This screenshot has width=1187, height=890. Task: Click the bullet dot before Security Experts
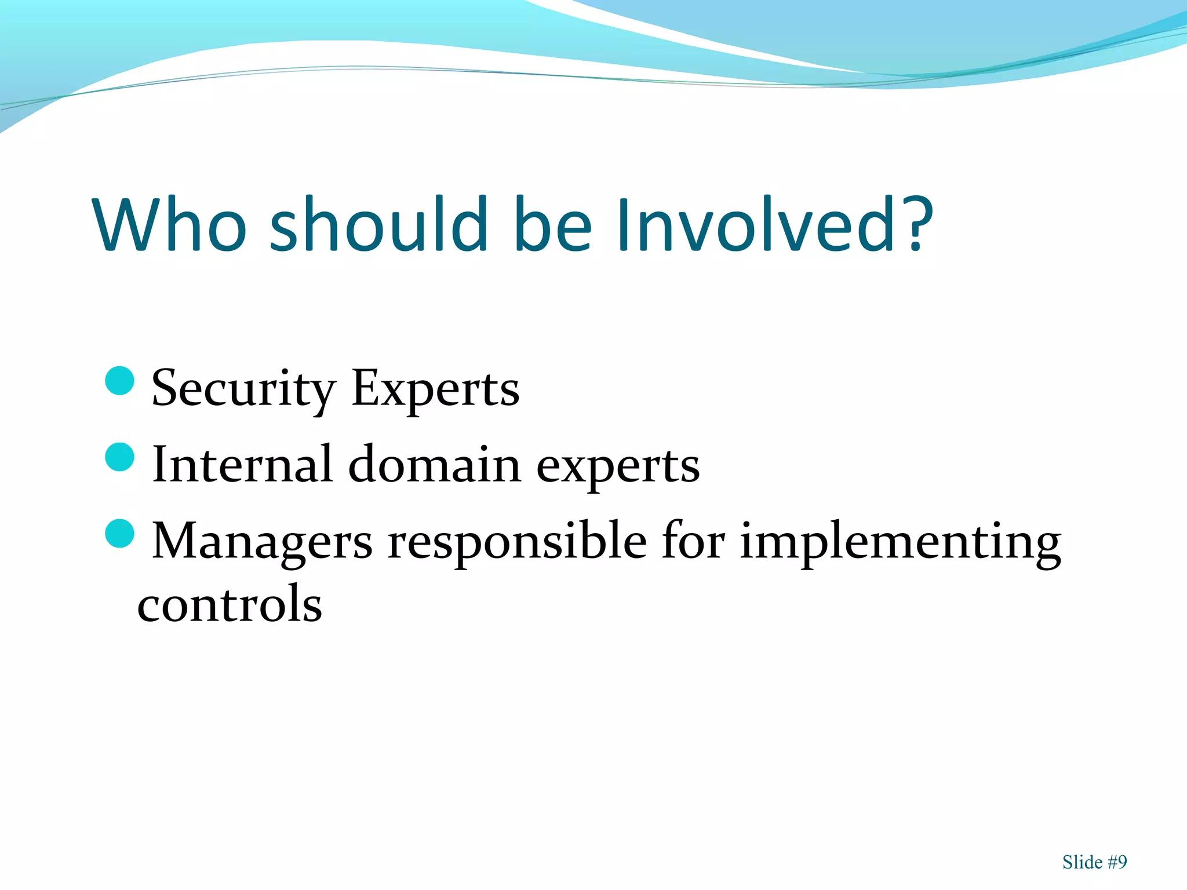[x=121, y=381]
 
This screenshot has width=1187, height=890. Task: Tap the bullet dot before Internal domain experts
[x=121, y=457]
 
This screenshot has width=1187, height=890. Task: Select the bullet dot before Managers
[x=121, y=534]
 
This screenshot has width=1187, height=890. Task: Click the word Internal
[x=242, y=465]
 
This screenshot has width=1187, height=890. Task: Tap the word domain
[x=435, y=465]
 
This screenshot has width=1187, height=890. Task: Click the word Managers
[x=262, y=542]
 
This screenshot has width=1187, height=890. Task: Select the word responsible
[x=517, y=542]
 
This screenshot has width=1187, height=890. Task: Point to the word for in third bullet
[x=693, y=541]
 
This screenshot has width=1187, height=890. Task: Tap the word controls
[x=230, y=604]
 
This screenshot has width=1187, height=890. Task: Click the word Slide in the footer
[x=1082, y=862]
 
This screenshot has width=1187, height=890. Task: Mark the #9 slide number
[x=1117, y=862]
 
